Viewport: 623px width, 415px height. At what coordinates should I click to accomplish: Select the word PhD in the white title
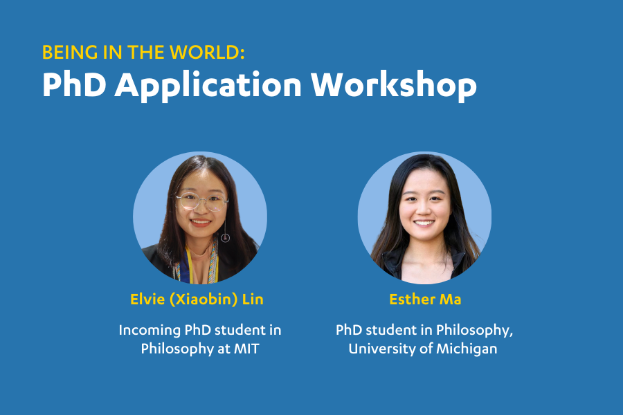click(x=74, y=84)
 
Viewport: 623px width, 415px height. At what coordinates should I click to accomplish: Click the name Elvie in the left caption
click(x=147, y=299)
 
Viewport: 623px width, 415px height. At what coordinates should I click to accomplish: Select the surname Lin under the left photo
click(x=253, y=299)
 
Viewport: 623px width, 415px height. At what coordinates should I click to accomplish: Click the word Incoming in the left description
click(x=150, y=331)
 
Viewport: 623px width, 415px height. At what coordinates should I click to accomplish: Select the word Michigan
click(x=467, y=349)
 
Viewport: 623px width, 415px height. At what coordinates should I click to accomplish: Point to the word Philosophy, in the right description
click(x=474, y=331)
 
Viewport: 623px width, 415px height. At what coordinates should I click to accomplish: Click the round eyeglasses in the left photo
click(x=202, y=202)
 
